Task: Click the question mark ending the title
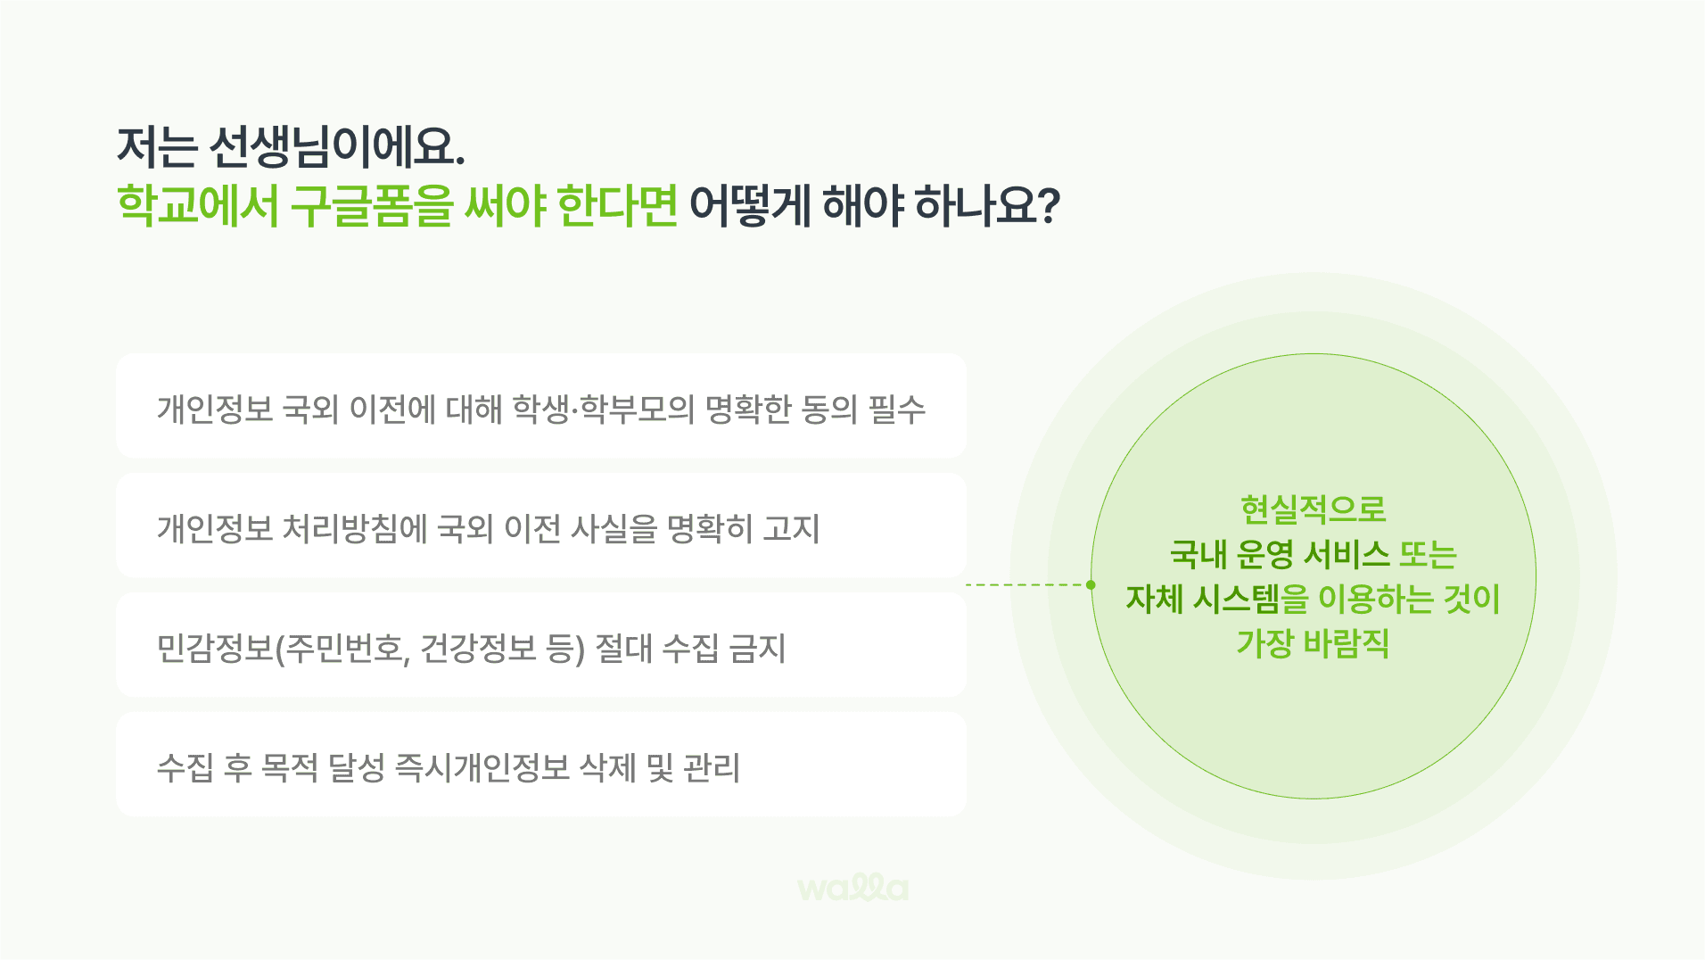tap(1050, 206)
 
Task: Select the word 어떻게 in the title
tap(750, 206)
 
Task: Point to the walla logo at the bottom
tap(853, 887)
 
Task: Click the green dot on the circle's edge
tap(1091, 585)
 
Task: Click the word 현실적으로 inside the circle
tap(1314, 509)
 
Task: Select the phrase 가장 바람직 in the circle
tap(1313, 643)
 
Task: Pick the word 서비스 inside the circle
tap(1347, 554)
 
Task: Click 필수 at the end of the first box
tap(897, 410)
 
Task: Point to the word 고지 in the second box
tap(791, 529)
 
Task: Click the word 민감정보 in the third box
tap(215, 649)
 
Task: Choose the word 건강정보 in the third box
tap(478, 649)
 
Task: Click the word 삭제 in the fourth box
tap(608, 768)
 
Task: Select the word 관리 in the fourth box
tap(712, 768)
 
